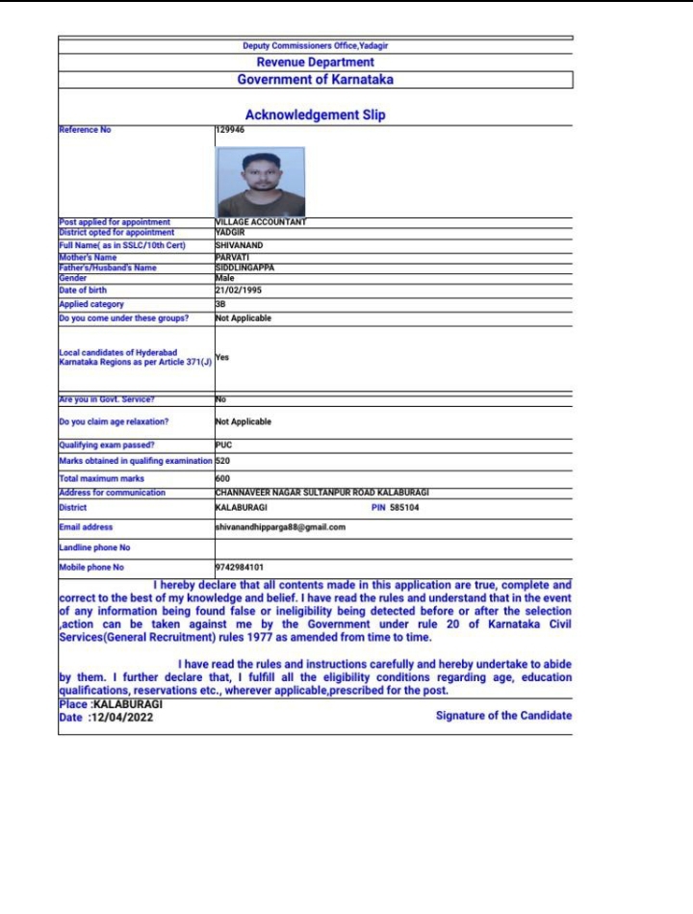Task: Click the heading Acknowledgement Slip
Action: click(315, 114)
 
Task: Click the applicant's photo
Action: click(261, 181)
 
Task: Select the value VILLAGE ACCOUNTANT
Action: click(261, 222)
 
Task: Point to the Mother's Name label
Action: click(88, 258)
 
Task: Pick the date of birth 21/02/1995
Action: click(239, 290)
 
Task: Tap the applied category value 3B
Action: click(220, 304)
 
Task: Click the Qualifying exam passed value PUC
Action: click(224, 445)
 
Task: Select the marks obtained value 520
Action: click(222, 462)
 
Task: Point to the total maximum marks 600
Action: click(222, 478)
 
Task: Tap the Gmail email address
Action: click(280, 527)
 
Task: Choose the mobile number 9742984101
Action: click(240, 568)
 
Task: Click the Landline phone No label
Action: click(94, 547)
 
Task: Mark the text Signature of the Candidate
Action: click(503, 715)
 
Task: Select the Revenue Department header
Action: click(315, 63)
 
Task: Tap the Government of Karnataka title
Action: click(315, 80)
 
